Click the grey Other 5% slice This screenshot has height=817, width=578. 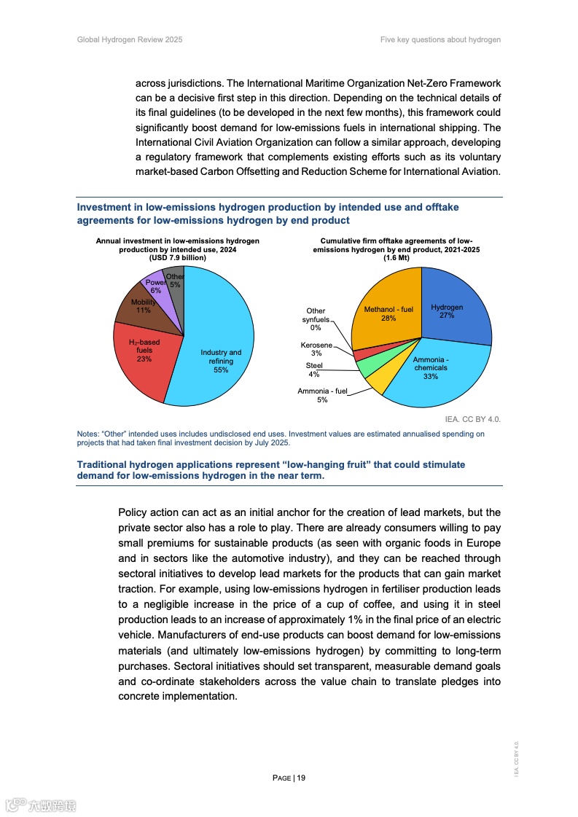point(174,280)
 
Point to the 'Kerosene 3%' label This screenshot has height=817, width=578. point(316,349)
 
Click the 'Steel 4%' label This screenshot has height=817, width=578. point(314,370)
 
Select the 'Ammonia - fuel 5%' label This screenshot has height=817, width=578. point(321,395)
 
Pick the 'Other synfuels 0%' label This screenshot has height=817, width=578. point(316,319)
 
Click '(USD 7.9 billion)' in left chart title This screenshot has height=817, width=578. point(178,257)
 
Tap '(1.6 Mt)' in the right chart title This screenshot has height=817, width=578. point(397,257)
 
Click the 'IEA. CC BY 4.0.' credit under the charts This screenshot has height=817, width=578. point(472,420)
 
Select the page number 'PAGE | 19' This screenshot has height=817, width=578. point(289,778)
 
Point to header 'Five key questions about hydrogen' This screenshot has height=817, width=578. point(440,39)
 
